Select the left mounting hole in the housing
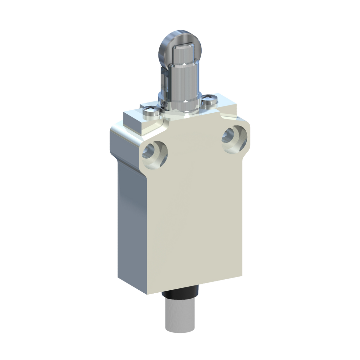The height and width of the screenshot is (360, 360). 155,153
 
